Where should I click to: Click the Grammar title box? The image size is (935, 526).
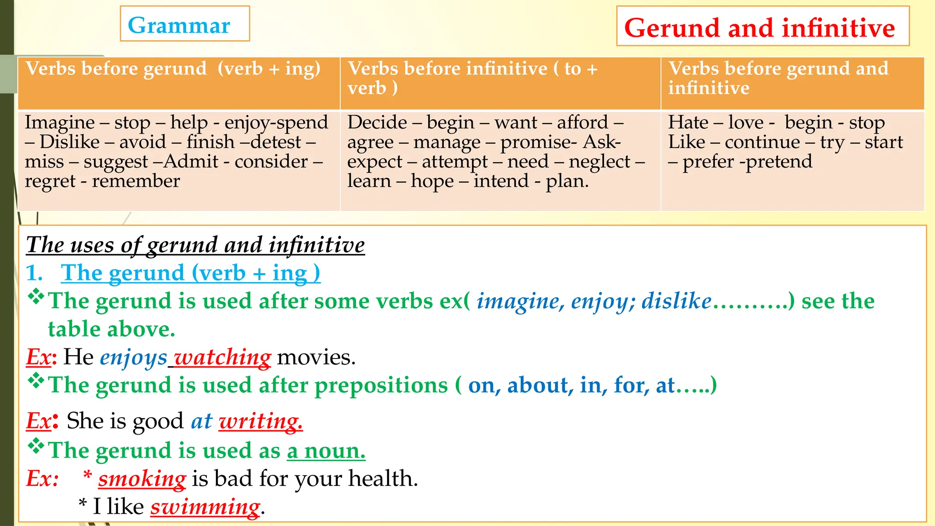[184, 24]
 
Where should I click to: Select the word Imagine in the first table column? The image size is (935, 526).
[60, 122]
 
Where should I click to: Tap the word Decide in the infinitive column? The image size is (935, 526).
[377, 122]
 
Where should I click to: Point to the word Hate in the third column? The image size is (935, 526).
[688, 122]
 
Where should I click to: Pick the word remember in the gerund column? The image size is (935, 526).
[136, 181]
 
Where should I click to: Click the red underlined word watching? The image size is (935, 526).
[223, 357]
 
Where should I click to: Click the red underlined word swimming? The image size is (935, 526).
[205, 507]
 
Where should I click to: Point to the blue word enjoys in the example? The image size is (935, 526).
[134, 357]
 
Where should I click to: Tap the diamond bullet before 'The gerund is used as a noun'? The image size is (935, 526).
[36, 446]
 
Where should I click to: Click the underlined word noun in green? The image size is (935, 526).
[334, 451]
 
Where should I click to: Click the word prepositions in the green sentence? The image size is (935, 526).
[381, 385]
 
